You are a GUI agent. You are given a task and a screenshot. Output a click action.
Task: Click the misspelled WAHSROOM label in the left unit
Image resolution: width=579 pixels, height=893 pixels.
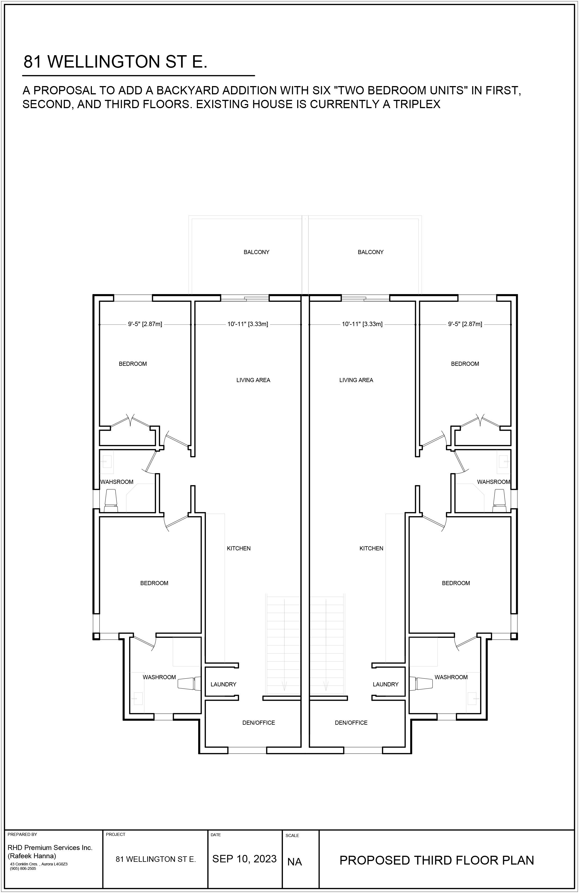point(117,482)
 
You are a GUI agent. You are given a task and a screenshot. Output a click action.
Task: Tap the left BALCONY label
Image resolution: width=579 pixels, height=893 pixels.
point(256,252)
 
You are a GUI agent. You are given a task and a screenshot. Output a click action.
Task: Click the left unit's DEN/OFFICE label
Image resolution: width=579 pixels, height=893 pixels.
point(259,723)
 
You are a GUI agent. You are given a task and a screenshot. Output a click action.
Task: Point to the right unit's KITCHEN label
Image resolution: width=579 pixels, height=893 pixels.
point(371,548)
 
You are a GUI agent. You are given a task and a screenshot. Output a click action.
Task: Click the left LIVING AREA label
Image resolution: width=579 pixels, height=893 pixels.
point(253,380)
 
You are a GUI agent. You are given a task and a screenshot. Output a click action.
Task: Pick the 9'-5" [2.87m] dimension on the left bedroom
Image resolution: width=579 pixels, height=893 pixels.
point(145,324)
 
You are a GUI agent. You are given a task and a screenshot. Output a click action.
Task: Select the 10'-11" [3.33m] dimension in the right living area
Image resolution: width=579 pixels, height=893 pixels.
point(362,324)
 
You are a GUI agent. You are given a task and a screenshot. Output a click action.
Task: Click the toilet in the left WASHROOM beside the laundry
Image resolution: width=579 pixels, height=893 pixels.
point(190,683)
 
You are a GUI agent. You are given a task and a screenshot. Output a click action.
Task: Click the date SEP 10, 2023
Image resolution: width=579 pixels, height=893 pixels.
point(244,859)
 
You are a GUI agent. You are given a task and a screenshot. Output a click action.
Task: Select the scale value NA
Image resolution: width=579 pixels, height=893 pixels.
point(294,862)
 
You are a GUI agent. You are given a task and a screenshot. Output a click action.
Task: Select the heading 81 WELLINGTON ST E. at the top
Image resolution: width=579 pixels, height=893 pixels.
point(115,62)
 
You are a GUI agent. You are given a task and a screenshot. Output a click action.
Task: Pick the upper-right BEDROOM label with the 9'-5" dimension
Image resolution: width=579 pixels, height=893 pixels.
point(465,364)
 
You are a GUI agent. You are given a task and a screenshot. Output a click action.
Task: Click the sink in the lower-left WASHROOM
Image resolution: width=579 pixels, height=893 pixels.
point(137,699)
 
